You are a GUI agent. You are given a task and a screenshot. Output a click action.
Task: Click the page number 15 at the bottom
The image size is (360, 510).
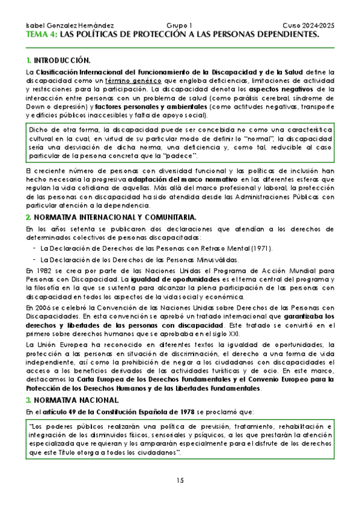point(180,480)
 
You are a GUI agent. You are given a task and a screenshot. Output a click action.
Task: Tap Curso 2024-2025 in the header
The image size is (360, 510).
point(308,26)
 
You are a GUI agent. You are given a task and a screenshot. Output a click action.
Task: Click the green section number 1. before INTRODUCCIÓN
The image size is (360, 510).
point(29,61)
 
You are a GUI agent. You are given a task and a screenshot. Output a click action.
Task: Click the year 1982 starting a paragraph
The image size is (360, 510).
point(34,271)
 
